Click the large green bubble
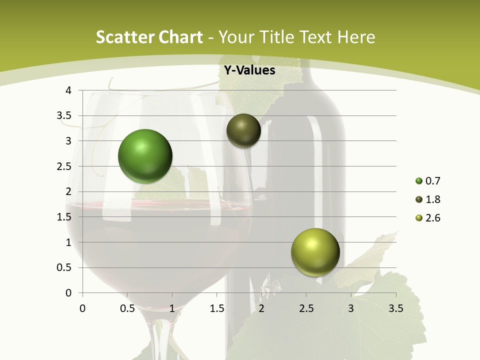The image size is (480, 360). tap(145, 155)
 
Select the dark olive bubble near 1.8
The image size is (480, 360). tap(243, 130)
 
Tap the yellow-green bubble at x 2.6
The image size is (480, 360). tap(315, 252)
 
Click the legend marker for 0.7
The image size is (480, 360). tap(419, 181)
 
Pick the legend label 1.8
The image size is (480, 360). tap(433, 199)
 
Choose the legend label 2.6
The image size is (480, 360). tap(433, 218)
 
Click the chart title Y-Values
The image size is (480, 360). tap(249, 70)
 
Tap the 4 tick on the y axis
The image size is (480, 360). tap(68, 90)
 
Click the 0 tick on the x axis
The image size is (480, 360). tap(82, 308)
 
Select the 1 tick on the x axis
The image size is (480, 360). tap(172, 308)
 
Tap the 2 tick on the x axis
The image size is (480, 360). tap(261, 308)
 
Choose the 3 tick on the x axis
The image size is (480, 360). tap(351, 308)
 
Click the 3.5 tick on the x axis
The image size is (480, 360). tap(395, 308)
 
